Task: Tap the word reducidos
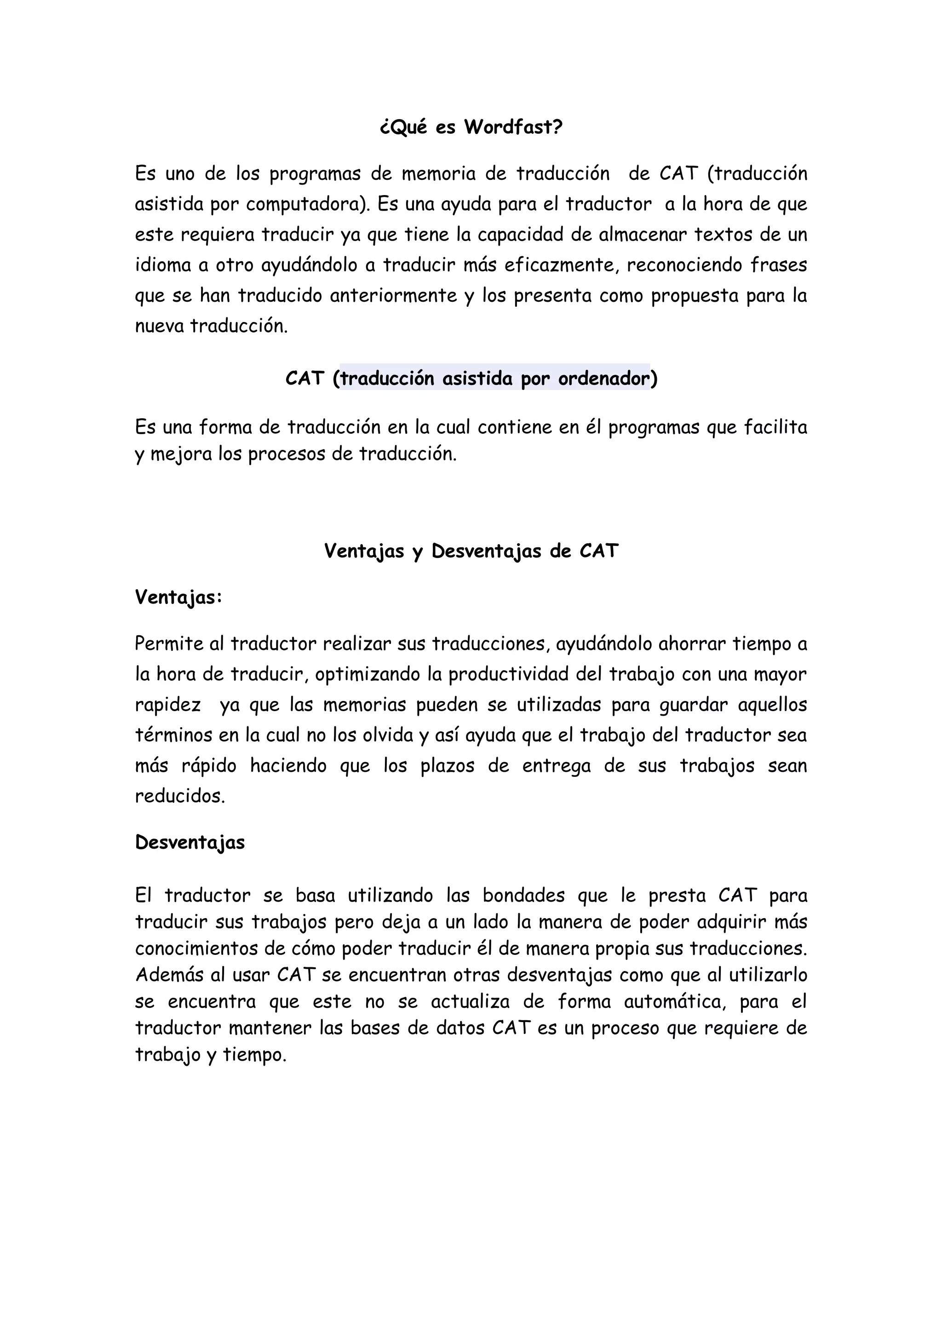pos(179,796)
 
